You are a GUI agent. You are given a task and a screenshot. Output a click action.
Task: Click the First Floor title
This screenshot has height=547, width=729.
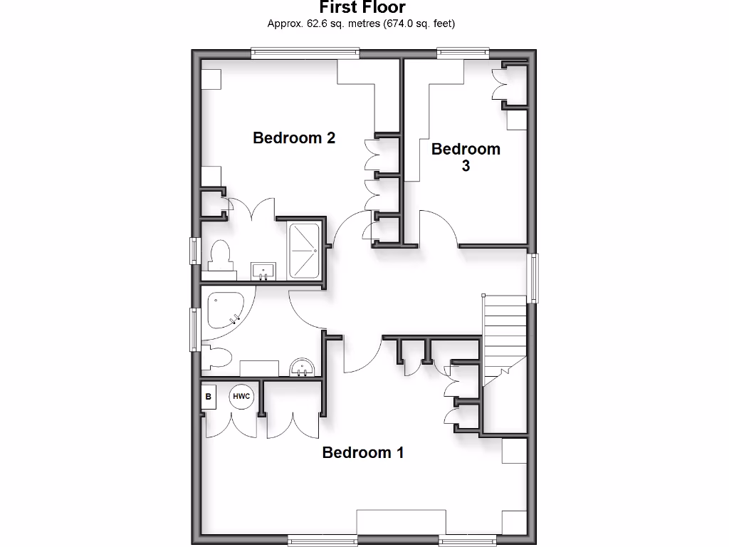pos(362,8)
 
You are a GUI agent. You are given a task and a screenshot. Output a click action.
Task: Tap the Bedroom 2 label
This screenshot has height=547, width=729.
pos(294,137)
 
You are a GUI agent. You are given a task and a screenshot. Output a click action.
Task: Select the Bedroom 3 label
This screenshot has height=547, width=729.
pos(466,157)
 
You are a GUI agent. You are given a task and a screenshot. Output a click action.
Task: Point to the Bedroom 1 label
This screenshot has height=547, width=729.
pos(363,452)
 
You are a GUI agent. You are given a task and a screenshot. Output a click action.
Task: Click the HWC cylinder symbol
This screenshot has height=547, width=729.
pos(241,397)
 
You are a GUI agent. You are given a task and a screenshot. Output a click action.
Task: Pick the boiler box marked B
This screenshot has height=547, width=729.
pos(209,397)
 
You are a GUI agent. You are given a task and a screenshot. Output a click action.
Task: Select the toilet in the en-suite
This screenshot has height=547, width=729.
pos(220,257)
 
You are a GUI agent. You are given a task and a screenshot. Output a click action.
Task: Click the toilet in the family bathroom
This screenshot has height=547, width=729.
pos(219,358)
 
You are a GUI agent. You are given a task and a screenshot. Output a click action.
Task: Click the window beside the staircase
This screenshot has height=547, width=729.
pos(533,277)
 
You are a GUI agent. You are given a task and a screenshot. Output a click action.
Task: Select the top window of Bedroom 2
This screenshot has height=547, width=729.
pos(305,52)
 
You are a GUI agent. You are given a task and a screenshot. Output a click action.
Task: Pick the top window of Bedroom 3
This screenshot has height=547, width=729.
pos(463,52)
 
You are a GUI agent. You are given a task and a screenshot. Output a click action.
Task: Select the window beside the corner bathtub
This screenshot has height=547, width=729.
pos(193,328)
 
